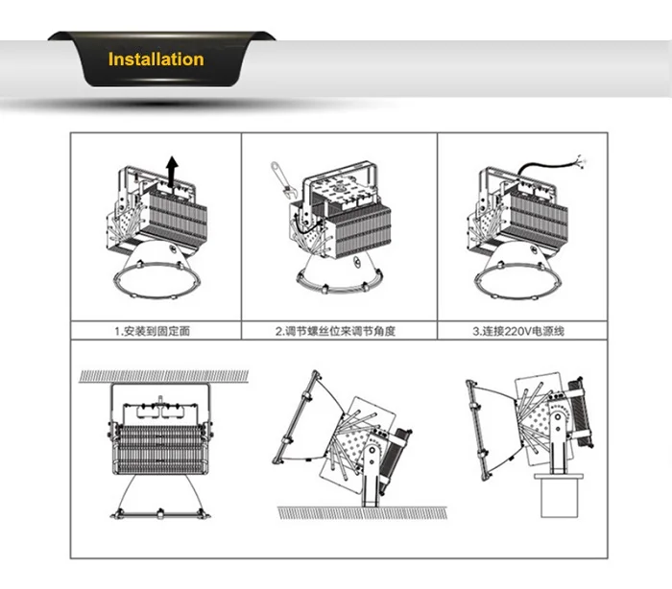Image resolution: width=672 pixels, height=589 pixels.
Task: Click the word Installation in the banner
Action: pos(156,59)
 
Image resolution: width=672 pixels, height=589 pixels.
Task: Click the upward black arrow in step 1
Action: pos(172,172)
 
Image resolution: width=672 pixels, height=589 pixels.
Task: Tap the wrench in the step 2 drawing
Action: pos(282,179)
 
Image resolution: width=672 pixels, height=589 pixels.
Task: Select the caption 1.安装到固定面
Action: pos(152,331)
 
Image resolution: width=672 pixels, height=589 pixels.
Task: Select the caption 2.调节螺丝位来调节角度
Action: pos(335,331)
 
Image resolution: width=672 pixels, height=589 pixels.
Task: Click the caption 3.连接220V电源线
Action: pos(518,331)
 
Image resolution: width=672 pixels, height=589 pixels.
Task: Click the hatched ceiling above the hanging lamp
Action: pos(164,376)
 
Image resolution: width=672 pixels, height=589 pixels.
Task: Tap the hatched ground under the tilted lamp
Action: pos(362,513)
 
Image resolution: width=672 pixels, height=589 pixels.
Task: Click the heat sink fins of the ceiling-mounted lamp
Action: pos(159,449)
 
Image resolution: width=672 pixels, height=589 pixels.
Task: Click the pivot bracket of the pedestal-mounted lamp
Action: pos(558,441)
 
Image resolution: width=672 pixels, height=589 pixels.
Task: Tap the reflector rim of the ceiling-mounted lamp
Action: pos(160,513)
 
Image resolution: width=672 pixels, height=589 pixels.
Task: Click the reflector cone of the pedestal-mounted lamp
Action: pos(492,430)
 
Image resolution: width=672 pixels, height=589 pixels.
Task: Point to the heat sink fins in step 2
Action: pos(361,230)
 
